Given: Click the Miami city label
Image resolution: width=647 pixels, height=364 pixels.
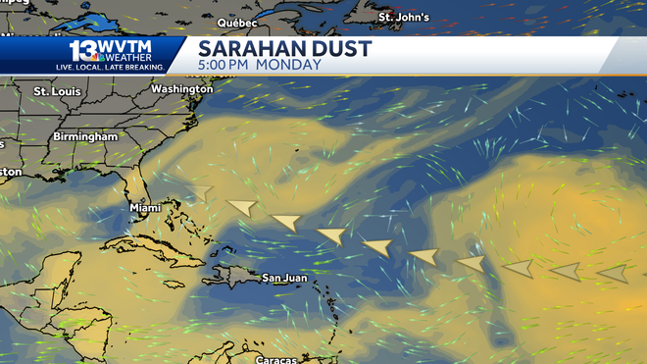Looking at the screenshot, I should (145, 208).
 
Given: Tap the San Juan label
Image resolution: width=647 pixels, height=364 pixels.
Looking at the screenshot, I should (284, 278).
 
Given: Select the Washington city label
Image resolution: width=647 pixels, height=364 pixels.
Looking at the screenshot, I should (181, 89).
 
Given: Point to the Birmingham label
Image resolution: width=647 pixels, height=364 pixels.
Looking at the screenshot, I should (85, 136).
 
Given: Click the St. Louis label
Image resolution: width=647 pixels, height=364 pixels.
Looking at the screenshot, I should (56, 91).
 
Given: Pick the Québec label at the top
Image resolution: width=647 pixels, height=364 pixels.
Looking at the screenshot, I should (237, 22).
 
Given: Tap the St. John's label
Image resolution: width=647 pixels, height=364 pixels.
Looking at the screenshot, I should (404, 17).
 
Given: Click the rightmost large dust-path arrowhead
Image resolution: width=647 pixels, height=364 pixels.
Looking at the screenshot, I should (613, 273).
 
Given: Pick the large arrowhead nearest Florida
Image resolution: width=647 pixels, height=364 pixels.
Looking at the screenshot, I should (201, 192).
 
